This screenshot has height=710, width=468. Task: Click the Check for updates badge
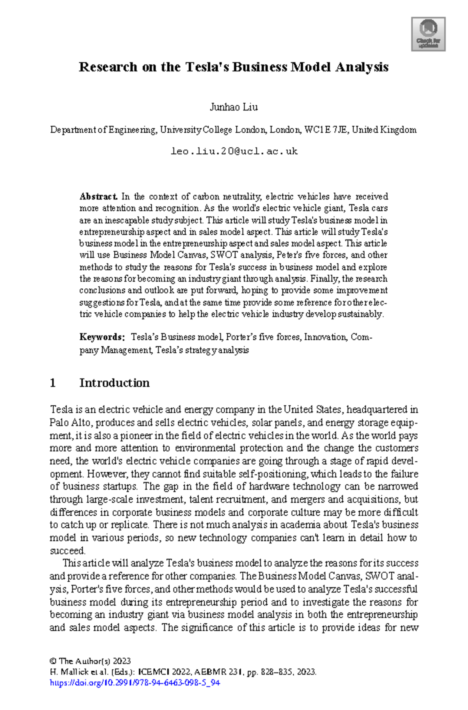pos(428,34)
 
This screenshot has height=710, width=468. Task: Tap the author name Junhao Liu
pos(234,107)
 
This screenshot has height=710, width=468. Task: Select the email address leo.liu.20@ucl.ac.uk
pos(234,151)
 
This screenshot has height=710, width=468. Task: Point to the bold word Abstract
pos(98,197)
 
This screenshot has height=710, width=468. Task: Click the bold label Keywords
pos(101,337)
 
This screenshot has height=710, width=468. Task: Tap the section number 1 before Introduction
pos(53,383)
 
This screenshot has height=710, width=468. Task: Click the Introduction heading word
pos(114,383)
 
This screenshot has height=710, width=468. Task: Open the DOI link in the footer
pos(135,683)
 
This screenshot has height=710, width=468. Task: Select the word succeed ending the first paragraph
pos(67,551)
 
